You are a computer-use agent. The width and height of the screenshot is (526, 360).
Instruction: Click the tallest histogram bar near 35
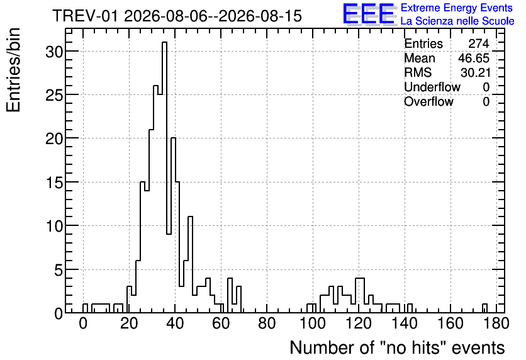click(164, 177)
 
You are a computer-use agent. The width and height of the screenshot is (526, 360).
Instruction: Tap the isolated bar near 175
click(484, 308)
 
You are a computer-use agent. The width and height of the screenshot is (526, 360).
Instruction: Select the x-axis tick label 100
click(313, 323)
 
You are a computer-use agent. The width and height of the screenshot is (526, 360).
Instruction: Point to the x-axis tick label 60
click(221, 323)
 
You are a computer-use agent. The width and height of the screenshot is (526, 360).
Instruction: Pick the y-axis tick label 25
click(54, 95)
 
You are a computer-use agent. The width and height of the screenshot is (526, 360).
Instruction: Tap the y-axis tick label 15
click(54, 182)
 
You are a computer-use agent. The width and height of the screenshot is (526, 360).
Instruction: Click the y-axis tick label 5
click(59, 270)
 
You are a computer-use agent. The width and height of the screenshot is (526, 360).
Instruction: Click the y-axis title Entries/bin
click(13, 70)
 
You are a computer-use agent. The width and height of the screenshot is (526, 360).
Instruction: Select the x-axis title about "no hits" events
click(397, 347)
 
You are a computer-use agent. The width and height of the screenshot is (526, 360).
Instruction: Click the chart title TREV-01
click(85, 16)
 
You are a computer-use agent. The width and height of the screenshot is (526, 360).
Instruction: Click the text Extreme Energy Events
click(457, 8)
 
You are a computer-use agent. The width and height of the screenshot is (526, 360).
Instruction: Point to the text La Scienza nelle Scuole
click(457, 21)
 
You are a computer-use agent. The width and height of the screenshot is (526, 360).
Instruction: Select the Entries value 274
click(479, 43)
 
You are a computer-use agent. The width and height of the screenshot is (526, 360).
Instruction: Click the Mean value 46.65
click(474, 58)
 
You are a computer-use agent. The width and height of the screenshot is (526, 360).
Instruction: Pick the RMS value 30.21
click(475, 72)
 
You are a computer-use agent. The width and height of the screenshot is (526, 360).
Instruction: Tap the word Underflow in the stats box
click(432, 87)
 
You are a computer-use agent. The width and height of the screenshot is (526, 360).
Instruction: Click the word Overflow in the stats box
click(428, 101)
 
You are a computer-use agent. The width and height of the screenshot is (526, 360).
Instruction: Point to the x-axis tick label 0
click(83, 323)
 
